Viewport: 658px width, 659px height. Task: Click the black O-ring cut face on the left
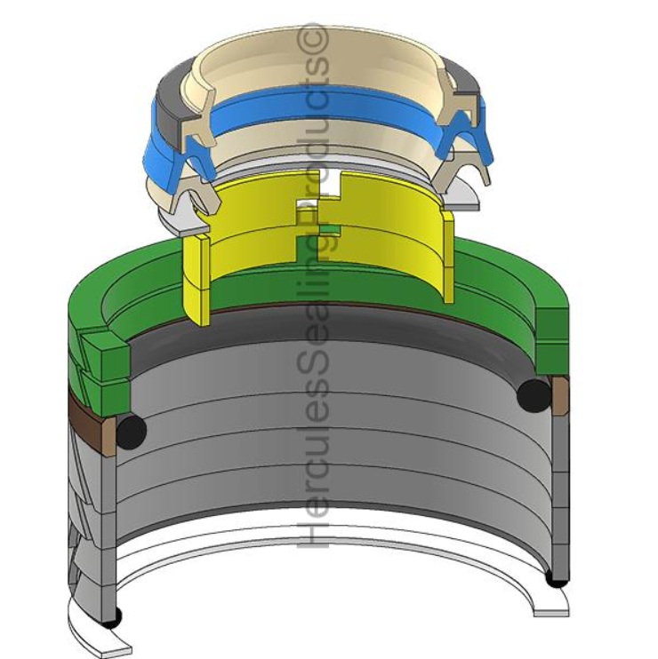point(131,431)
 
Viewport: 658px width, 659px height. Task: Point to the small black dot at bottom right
point(555,582)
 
